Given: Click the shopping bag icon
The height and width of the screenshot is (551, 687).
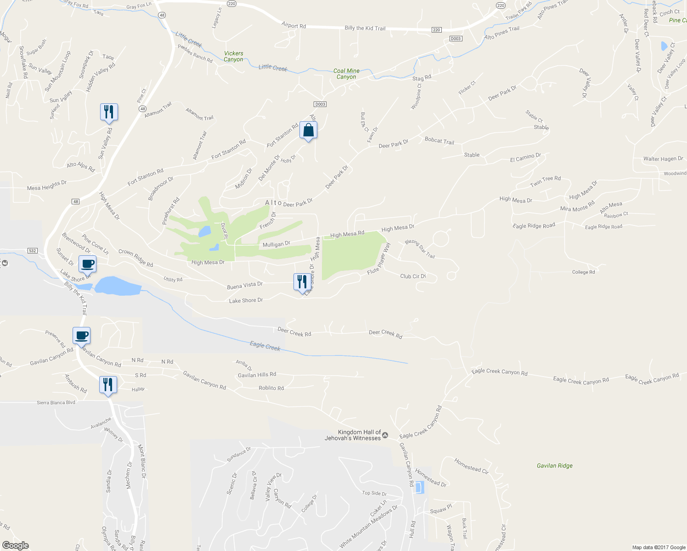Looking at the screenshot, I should coord(309,130).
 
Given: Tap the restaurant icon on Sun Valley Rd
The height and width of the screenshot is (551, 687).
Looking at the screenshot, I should coord(109,112).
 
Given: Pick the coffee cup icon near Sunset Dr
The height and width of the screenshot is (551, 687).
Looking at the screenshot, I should coord(87,264).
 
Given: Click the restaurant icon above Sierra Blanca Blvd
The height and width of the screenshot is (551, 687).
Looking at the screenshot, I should coord(108,384).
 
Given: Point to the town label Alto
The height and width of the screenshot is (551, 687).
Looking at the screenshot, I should coord(273,202).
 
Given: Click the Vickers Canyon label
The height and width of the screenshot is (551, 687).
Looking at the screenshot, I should coord(233,56).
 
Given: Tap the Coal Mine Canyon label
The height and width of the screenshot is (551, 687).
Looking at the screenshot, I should coord(346,74).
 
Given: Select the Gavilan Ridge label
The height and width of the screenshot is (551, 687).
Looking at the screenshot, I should coord(555,466).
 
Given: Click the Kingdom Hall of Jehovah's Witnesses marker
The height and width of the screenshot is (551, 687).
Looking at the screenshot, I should coord(385,435).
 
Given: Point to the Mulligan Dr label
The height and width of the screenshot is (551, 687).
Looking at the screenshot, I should coord(276,244).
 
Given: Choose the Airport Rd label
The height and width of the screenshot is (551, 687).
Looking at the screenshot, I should coord(293,26).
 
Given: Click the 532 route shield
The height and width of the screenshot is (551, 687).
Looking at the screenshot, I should coord(32,251).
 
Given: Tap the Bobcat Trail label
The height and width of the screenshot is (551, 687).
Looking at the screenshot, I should coord(439,141).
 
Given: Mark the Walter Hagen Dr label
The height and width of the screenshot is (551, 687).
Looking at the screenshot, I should coord(663,159).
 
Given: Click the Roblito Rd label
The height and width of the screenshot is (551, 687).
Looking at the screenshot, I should coord(271,388).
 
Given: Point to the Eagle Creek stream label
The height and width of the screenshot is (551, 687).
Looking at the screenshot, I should coord(265,346).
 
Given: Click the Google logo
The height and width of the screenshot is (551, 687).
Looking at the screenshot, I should coord(15,545).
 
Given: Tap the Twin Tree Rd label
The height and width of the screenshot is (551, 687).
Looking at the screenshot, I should coord(545,181).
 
